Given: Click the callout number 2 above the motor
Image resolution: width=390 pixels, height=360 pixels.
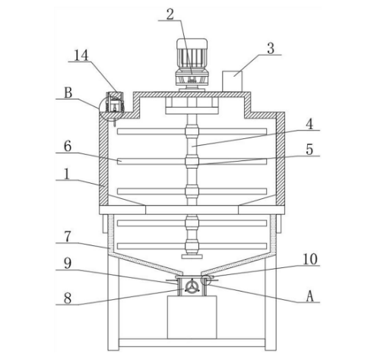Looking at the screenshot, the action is (x=170, y=14).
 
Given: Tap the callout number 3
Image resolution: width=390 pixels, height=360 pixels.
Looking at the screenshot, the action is (x=271, y=49).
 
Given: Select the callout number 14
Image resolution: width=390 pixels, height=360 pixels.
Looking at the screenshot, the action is (x=81, y=55).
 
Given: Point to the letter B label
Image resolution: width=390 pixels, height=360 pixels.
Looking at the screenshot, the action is (x=68, y=93).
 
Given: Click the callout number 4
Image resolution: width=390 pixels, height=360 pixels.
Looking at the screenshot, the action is (x=309, y=124).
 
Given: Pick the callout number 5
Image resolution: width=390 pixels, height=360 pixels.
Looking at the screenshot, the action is (x=309, y=150).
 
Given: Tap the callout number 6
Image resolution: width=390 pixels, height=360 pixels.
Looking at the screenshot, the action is (x=68, y=147).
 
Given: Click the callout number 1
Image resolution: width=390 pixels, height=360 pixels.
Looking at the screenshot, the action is (x=67, y=174).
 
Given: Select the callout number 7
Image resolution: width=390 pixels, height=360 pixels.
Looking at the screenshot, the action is (x=68, y=237).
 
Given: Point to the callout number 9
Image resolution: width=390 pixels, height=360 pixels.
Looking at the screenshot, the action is (x=68, y=264).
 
